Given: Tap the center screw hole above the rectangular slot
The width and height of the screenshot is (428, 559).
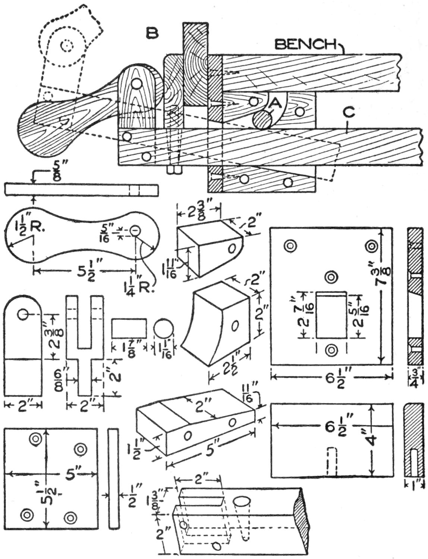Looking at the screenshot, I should pyautogui.click(x=331, y=277).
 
